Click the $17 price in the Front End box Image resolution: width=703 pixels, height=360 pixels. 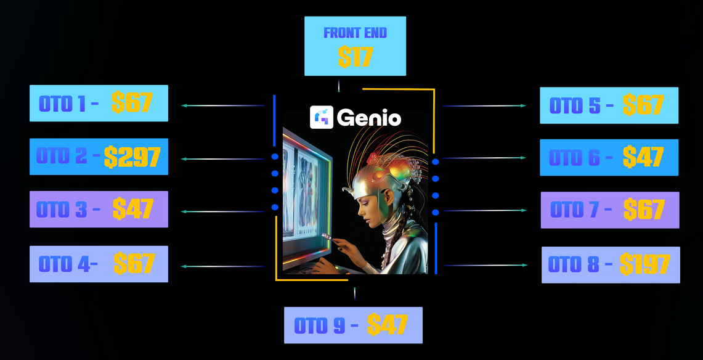click(355, 57)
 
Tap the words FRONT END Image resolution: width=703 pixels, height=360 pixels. click(355, 33)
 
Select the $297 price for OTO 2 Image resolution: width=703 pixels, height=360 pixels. click(132, 157)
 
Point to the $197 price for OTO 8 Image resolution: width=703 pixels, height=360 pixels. click(644, 264)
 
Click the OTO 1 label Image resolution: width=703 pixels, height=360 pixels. click(62, 104)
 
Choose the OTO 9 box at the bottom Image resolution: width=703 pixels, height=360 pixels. click(353, 325)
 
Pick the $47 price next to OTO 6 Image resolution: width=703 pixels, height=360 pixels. click(643, 157)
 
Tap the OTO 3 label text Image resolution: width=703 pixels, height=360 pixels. click(62, 210)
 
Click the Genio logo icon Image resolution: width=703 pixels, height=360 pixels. click(322, 118)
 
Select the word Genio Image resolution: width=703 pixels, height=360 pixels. click(369, 118)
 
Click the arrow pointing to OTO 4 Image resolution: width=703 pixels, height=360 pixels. click(222, 266)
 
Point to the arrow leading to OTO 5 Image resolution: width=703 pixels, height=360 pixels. click(484, 106)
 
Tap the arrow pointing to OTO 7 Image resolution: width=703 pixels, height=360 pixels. click(485, 210)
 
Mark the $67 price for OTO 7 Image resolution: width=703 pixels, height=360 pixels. click(644, 210)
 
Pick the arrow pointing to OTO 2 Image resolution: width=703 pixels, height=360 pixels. click(222, 158)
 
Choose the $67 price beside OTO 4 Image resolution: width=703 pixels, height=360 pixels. click(134, 263)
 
